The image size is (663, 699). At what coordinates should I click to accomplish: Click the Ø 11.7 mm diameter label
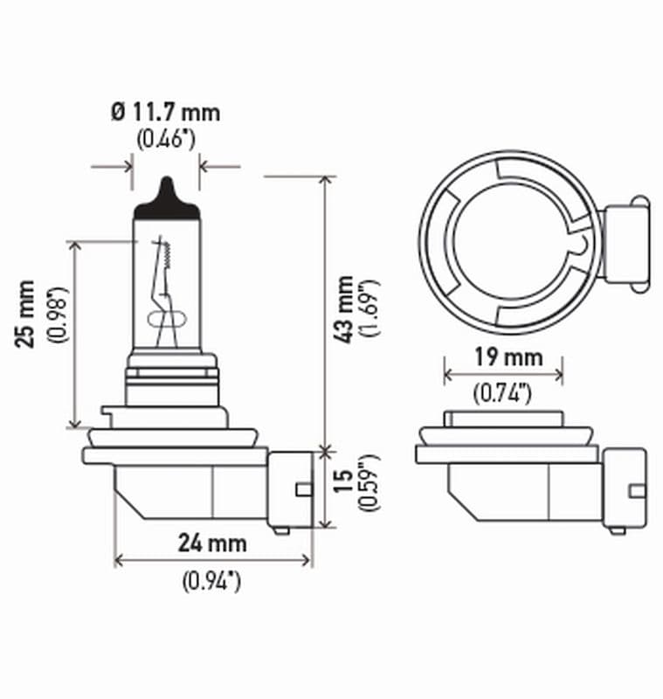(165, 113)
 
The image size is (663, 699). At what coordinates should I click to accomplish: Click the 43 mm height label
(346, 308)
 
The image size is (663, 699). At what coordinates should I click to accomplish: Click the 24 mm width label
(212, 543)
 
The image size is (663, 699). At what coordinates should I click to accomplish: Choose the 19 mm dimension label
(503, 357)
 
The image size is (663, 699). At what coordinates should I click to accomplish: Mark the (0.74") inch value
(503, 394)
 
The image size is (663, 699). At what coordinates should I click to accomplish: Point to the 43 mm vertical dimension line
(326, 315)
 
